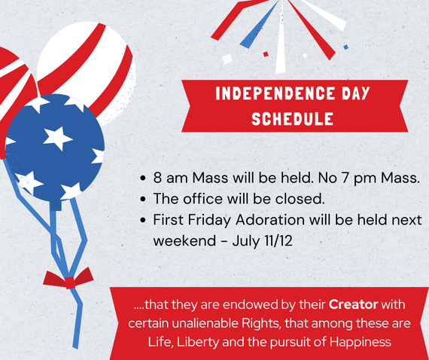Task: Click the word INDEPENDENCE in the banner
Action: tap(275, 93)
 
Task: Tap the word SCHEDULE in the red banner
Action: tap(292, 118)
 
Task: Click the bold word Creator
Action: tap(353, 304)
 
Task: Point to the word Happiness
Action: tap(361, 342)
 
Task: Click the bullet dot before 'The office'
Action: tap(142, 199)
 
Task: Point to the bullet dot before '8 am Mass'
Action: tap(142, 178)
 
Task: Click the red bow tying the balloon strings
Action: tap(68, 279)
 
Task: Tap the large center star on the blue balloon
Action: tap(57, 139)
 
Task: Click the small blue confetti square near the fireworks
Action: tap(346, 47)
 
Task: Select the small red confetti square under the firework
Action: tap(266, 54)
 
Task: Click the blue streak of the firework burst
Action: tap(259, 25)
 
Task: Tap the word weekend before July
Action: tap(185, 241)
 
